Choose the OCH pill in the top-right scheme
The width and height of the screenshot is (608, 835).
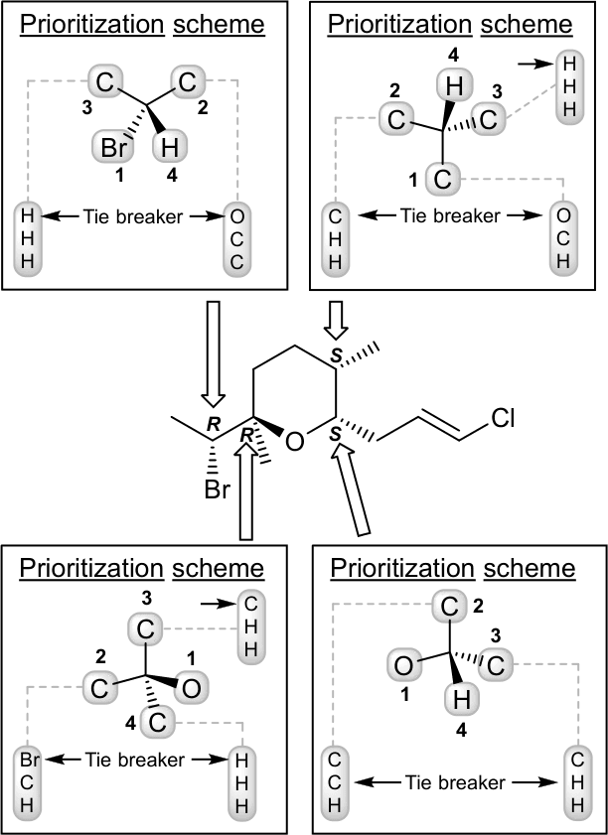[563, 236]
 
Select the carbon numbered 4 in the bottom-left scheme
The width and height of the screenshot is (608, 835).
[155, 722]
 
